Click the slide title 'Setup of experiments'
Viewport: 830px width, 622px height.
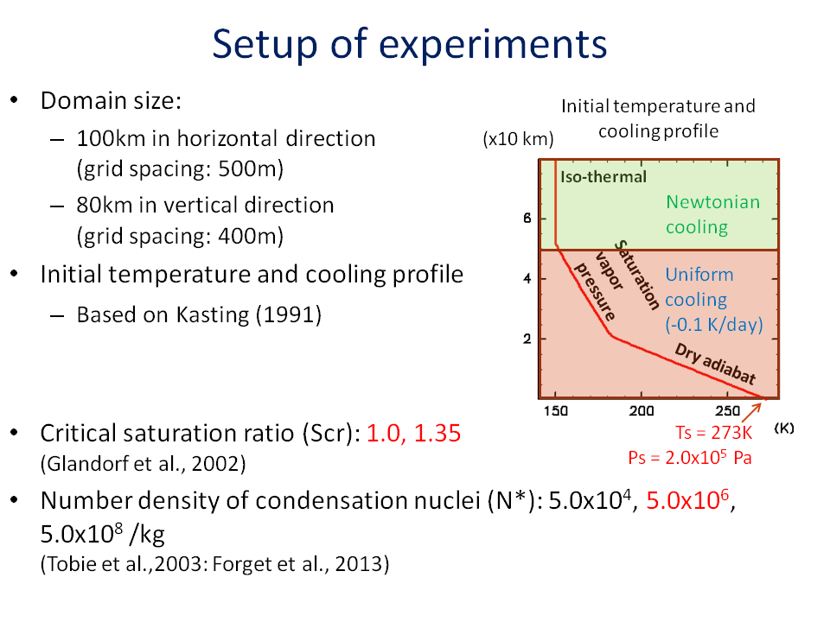[409, 44]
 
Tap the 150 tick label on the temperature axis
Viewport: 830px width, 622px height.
[556, 411]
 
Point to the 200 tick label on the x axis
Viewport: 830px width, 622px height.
[642, 411]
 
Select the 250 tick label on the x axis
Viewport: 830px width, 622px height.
[728, 411]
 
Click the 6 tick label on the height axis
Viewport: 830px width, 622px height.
[527, 218]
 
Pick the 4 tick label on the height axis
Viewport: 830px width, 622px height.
[527, 278]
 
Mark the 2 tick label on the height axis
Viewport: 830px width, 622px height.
[527, 339]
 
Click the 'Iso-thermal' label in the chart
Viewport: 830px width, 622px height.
[603, 176]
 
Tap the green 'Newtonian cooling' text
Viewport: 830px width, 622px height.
[712, 214]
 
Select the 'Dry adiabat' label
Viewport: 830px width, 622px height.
[715, 364]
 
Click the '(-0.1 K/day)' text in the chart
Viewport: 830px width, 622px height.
[714, 324]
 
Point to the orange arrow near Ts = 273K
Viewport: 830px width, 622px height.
[751, 412]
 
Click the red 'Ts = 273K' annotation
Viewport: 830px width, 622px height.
[713, 433]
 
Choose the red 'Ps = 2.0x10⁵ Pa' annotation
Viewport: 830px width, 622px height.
[690, 457]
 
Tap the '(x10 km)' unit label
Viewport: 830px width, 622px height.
[518, 139]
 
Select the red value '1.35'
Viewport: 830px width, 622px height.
[437, 433]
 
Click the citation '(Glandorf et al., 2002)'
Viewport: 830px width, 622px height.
[143, 464]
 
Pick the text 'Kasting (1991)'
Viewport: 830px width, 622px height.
[249, 314]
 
